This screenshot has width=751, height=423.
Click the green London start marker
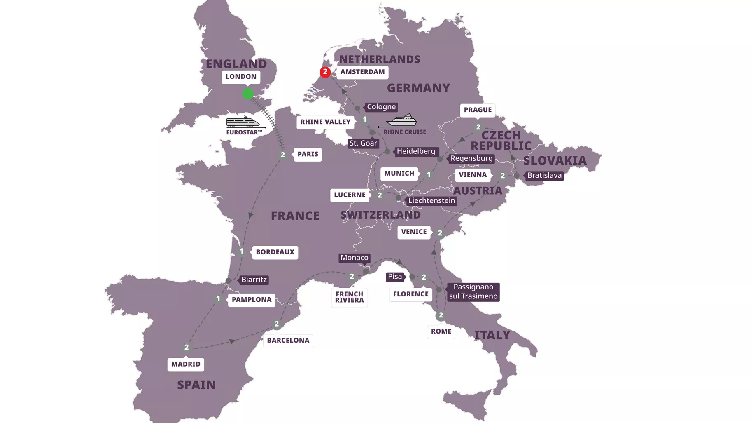tap(248, 94)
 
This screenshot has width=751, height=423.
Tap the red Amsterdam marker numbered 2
tap(325, 72)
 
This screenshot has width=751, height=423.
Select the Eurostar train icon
tap(244, 122)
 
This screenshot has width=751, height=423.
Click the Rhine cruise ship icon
tap(401, 120)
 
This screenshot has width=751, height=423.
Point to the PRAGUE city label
tap(478, 110)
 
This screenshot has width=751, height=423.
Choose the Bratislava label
tap(544, 175)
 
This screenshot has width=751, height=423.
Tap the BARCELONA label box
tap(288, 341)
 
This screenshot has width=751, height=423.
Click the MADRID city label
tap(186, 364)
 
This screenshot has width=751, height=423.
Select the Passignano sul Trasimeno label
tap(473, 291)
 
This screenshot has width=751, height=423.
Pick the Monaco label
tap(355, 258)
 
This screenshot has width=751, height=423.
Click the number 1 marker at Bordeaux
tap(242, 251)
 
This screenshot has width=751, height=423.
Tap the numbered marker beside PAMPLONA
tap(218, 299)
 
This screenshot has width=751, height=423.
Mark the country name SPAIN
tap(196, 385)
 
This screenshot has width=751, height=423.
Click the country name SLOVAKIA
tap(555, 160)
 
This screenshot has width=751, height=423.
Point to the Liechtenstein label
tap(431, 201)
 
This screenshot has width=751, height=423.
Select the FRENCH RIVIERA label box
tap(349, 297)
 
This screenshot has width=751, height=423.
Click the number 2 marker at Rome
tap(441, 315)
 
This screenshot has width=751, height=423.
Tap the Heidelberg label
tap(415, 151)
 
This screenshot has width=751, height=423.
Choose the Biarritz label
tap(254, 280)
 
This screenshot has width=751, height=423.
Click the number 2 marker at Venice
tap(440, 233)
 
